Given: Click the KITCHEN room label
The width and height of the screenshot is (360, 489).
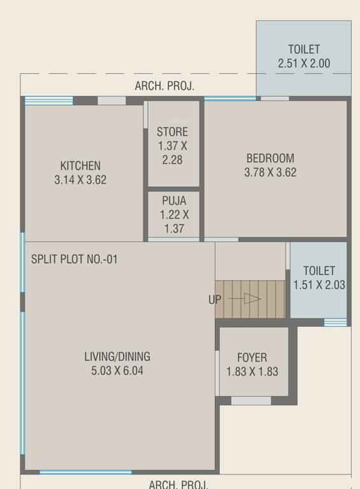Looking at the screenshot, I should pyautogui.click(x=80, y=166).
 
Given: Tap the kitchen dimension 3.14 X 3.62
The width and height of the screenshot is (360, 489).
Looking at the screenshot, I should pyautogui.click(x=80, y=180).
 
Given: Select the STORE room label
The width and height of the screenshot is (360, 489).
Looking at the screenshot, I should pyautogui.click(x=173, y=132).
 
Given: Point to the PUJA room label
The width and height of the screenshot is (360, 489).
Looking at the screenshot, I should pyautogui.click(x=174, y=201).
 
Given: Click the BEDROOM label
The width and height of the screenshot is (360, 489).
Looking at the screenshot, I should pyautogui.click(x=270, y=158).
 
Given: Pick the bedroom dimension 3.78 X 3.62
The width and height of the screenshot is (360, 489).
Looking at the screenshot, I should pyautogui.click(x=270, y=173).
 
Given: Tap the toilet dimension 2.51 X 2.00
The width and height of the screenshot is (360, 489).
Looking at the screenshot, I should pyautogui.click(x=304, y=64).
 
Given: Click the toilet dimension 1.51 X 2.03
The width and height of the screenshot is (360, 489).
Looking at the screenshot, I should pyautogui.click(x=319, y=285).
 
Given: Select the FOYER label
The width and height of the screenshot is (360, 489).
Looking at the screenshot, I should pyautogui.click(x=252, y=358).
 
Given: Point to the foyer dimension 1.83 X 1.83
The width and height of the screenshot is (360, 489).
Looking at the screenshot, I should pyautogui.click(x=252, y=372).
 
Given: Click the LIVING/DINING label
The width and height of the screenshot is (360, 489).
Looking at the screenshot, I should pyautogui.click(x=117, y=357).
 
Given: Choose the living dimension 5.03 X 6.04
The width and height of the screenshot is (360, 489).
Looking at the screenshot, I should pyautogui.click(x=117, y=371).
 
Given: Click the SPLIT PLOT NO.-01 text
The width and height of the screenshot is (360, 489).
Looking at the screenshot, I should pyautogui.click(x=75, y=260).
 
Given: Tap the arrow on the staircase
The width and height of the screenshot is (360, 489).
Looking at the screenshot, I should pyautogui.click(x=252, y=299).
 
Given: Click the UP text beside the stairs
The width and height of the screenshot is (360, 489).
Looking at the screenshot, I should pyautogui.click(x=215, y=299).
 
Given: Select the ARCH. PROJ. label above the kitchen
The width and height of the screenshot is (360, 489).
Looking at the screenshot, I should pyautogui.click(x=164, y=86).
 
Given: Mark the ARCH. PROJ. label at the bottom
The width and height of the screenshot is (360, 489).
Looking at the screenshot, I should pyautogui.click(x=178, y=485).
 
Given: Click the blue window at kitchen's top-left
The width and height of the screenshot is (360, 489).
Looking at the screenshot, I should pyautogui.click(x=48, y=101).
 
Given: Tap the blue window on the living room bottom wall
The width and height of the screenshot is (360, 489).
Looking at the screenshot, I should pyautogui.click(x=85, y=472).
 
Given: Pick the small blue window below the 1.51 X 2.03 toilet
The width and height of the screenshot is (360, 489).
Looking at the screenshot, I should pyautogui.click(x=335, y=323).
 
